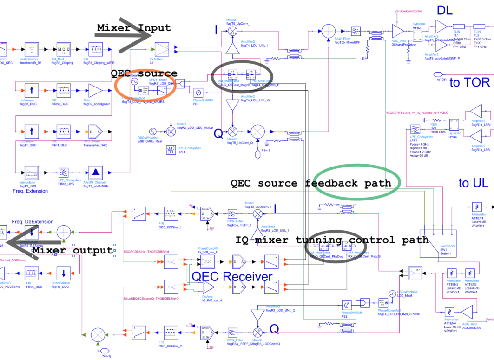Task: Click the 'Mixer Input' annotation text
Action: coord(134,28)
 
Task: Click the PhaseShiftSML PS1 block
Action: coord(197,91)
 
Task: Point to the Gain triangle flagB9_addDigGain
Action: coord(96,90)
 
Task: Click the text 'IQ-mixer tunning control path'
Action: coord(331,240)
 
